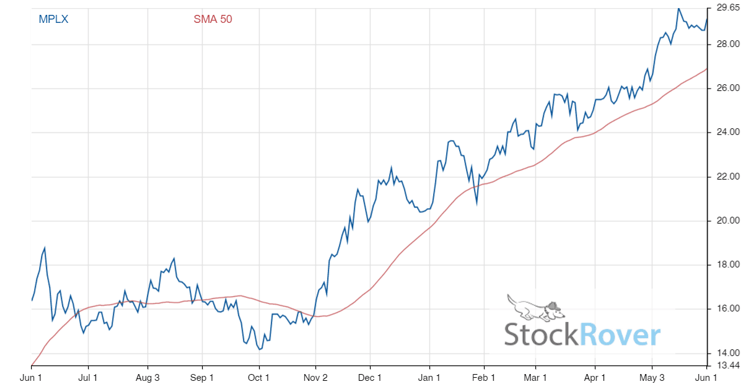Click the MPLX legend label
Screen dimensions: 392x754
tap(53, 19)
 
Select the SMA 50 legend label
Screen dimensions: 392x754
tap(213, 19)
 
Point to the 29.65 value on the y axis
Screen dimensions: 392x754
tap(728, 8)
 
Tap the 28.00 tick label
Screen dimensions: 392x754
tap(728, 45)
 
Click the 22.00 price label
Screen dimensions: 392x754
tap(728, 177)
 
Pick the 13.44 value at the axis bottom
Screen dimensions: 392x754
tap(728, 365)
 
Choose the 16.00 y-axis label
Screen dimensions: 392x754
tap(728, 309)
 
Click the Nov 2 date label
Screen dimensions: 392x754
tap(315, 377)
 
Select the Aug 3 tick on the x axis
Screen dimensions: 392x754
tap(147, 377)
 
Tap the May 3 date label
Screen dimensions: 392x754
tap(652, 377)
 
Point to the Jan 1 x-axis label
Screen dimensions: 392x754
tap(429, 377)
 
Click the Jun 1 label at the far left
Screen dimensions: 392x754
tap(32, 377)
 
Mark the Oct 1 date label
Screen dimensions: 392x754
tap(258, 377)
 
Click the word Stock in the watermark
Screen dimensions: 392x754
tap(541, 335)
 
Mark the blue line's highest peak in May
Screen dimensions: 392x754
tap(678, 9)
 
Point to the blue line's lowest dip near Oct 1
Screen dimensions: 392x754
tap(260, 349)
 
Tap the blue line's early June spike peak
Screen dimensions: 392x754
tap(45, 248)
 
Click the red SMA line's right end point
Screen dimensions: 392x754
tap(707, 69)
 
